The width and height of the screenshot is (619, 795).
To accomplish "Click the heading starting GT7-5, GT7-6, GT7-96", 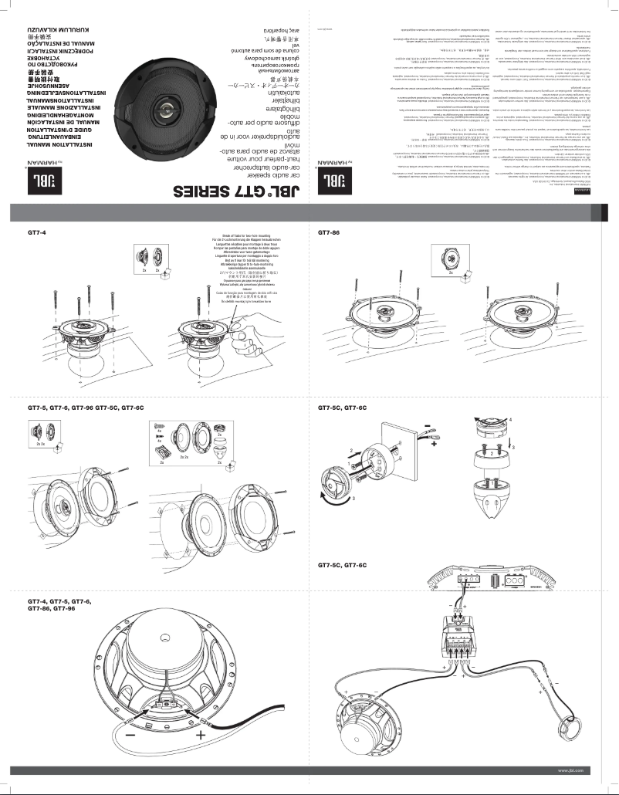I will coord(86,407).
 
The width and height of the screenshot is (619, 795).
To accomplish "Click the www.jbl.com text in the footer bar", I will coord(570,770).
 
